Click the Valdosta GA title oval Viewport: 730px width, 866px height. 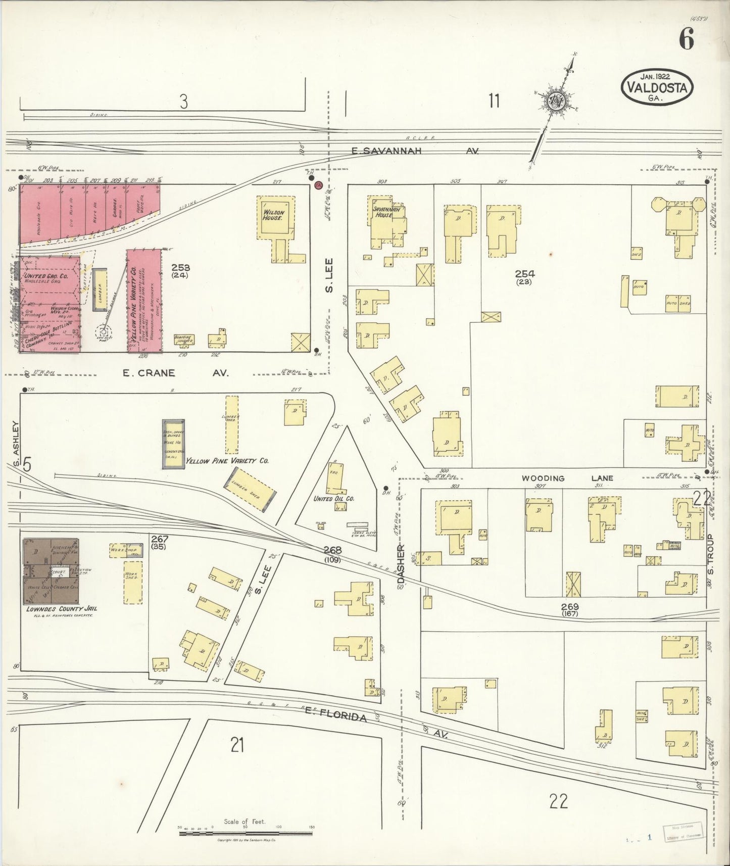(x=657, y=87)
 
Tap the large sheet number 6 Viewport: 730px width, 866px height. (x=686, y=39)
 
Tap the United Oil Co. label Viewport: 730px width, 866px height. (x=334, y=499)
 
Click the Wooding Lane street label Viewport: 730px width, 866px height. (x=567, y=478)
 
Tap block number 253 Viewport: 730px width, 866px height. (x=180, y=267)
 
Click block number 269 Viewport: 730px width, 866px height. (x=569, y=607)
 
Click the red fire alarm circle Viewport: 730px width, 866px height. (x=318, y=186)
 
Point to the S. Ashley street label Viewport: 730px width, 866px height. (x=16, y=445)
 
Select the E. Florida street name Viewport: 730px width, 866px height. (x=335, y=716)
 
